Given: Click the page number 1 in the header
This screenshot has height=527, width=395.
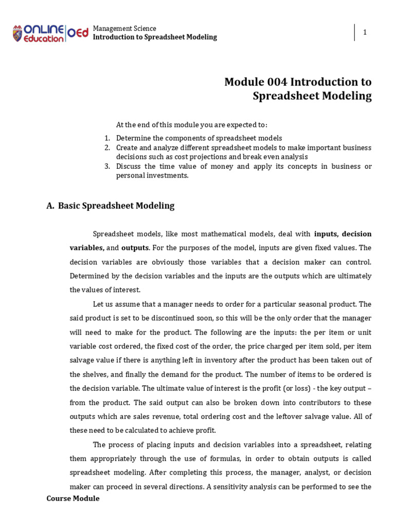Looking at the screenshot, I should coord(365,32).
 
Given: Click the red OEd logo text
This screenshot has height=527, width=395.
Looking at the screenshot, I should coord(78,32).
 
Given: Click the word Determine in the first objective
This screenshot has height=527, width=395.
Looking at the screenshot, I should coord(132,138).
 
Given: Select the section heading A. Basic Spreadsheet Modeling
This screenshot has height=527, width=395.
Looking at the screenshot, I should coord(110,206).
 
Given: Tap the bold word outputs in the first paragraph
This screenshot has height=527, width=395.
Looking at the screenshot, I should coord(135,248).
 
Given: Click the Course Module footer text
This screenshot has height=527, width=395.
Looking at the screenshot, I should coord(73,498).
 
